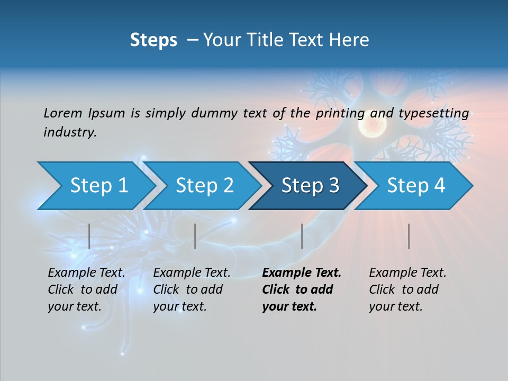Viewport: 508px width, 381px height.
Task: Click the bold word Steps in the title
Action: pos(153,40)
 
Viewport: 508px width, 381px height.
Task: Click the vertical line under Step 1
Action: pos(89,236)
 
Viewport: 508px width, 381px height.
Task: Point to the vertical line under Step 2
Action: pos(195,236)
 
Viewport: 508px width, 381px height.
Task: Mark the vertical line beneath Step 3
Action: pos(302,236)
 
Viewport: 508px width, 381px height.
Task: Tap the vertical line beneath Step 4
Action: pos(409,236)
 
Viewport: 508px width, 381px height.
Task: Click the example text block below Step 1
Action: pos(86,289)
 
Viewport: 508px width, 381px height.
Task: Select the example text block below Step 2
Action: pos(192,289)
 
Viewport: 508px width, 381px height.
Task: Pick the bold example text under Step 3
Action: pos(302,289)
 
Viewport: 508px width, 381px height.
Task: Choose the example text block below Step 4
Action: pos(407,289)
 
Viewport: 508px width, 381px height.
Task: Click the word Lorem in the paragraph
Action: pos(63,113)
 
